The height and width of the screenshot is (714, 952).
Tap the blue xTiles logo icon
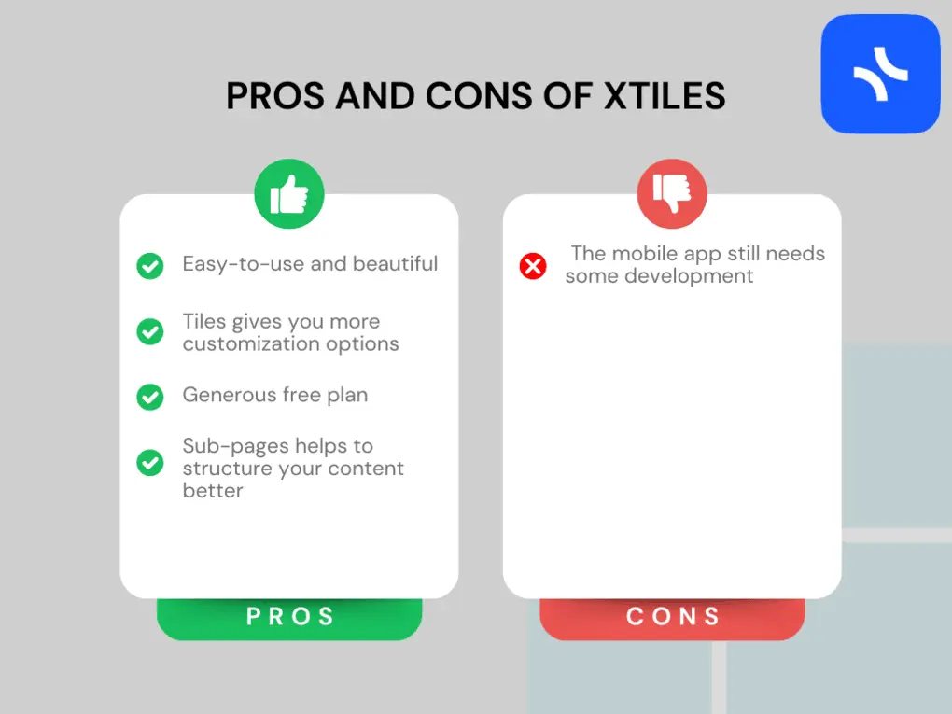coord(880,74)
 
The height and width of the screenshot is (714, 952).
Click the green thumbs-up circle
coord(289,194)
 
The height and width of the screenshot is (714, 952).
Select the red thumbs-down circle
coord(672,194)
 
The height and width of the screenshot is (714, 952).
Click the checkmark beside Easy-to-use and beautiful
coord(150,266)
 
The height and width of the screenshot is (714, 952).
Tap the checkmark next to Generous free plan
coord(150,397)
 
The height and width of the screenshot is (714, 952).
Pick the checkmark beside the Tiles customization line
coord(150,331)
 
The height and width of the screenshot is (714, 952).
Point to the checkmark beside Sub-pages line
coord(150,462)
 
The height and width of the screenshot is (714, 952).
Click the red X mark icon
coord(533,267)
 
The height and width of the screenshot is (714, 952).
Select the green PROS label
coord(289,617)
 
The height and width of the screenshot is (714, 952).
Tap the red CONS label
coord(672,617)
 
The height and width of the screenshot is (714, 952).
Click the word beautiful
coord(395,264)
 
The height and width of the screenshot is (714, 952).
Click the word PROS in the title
coord(276,97)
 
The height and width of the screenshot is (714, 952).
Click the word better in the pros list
coord(213,491)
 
